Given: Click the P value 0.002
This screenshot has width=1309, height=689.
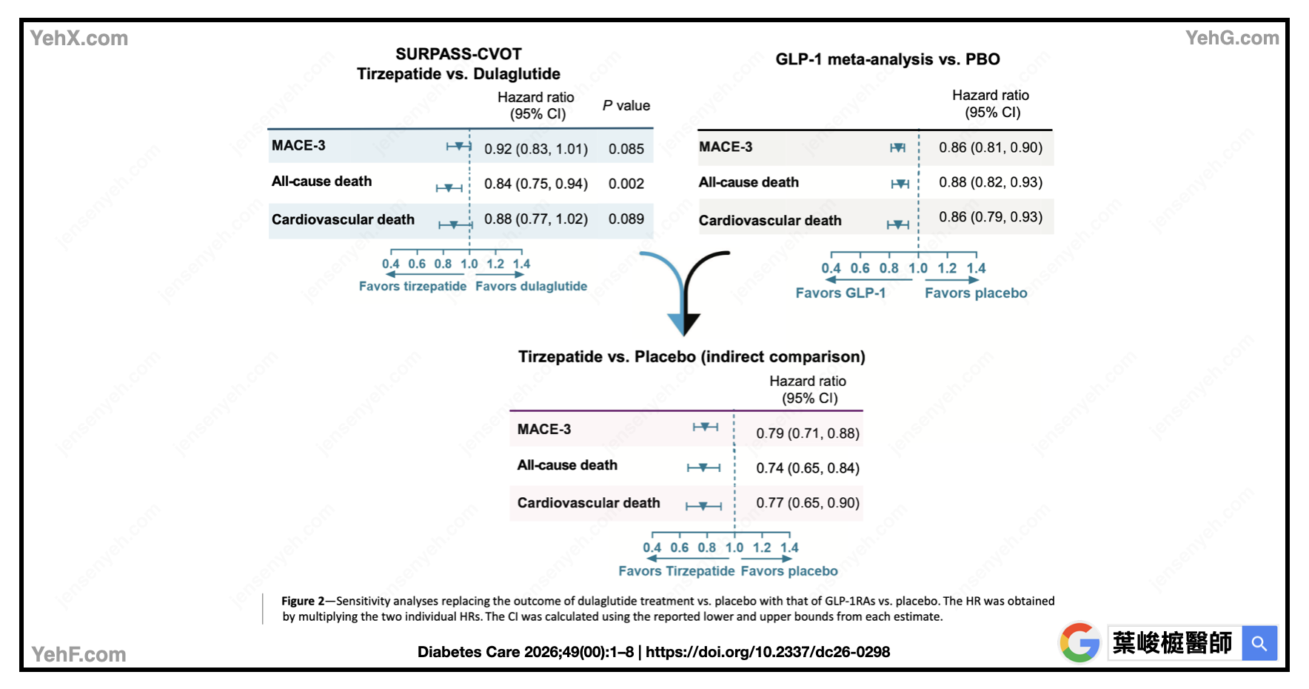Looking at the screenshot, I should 626,184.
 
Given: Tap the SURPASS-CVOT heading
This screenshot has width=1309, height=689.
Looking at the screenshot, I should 458,54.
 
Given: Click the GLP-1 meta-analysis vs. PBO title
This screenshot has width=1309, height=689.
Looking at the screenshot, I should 887,59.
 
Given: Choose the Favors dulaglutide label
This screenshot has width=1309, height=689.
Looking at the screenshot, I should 531,286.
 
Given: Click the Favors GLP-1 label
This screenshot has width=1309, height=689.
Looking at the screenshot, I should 840,293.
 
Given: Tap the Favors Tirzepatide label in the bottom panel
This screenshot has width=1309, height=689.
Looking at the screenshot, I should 676,571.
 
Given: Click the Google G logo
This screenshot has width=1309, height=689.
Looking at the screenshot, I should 1079,642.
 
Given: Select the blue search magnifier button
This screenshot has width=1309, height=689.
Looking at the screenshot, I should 1259,643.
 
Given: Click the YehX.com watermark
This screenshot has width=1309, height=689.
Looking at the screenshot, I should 79,39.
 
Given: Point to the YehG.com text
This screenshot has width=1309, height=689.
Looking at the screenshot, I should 1231,38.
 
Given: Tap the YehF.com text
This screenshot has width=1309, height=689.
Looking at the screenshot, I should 79,654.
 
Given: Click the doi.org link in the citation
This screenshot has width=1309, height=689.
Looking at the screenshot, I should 767,652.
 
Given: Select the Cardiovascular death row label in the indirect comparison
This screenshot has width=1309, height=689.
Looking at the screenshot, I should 589,503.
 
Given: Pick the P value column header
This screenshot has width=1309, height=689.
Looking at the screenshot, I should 626,106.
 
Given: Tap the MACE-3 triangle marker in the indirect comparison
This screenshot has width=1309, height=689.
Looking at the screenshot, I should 706,427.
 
